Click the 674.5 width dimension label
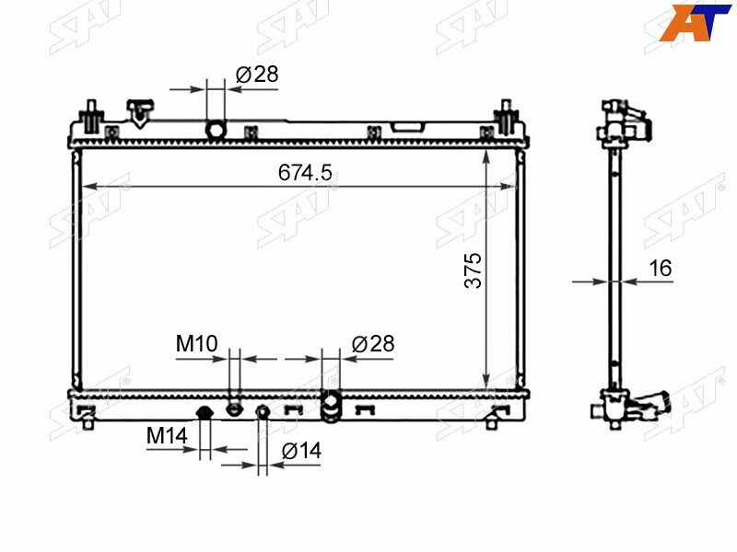(x=305, y=172)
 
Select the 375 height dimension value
(x=473, y=270)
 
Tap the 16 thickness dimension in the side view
(x=661, y=268)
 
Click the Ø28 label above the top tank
(x=257, y=75)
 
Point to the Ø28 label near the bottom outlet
(x=373, y=344)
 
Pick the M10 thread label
(x=196, y=343)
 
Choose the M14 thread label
(x=167, y=435)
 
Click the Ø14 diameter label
(x=301, y=451)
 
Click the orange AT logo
(x=696, y=22)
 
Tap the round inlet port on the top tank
(x=216, y=130)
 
